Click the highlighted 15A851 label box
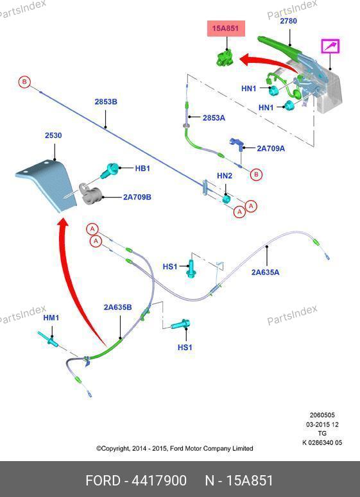(226, 28)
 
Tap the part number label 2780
(288, 21)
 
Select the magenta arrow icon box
(330, 46)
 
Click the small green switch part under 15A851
(225, 57)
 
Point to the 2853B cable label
(106, 102)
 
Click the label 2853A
(214, 118)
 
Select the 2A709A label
(271, 148)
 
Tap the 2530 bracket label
(53, 135)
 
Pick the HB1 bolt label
(142, 168)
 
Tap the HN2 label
(225, 176)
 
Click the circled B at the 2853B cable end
(24, 83)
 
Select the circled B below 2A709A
(256, 174)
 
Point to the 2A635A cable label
(266, 272)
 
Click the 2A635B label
(117, 307)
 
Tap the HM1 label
(51, 317)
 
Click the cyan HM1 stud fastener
(47, 339)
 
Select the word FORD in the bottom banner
(103, 480)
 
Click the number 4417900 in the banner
(159, 480)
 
